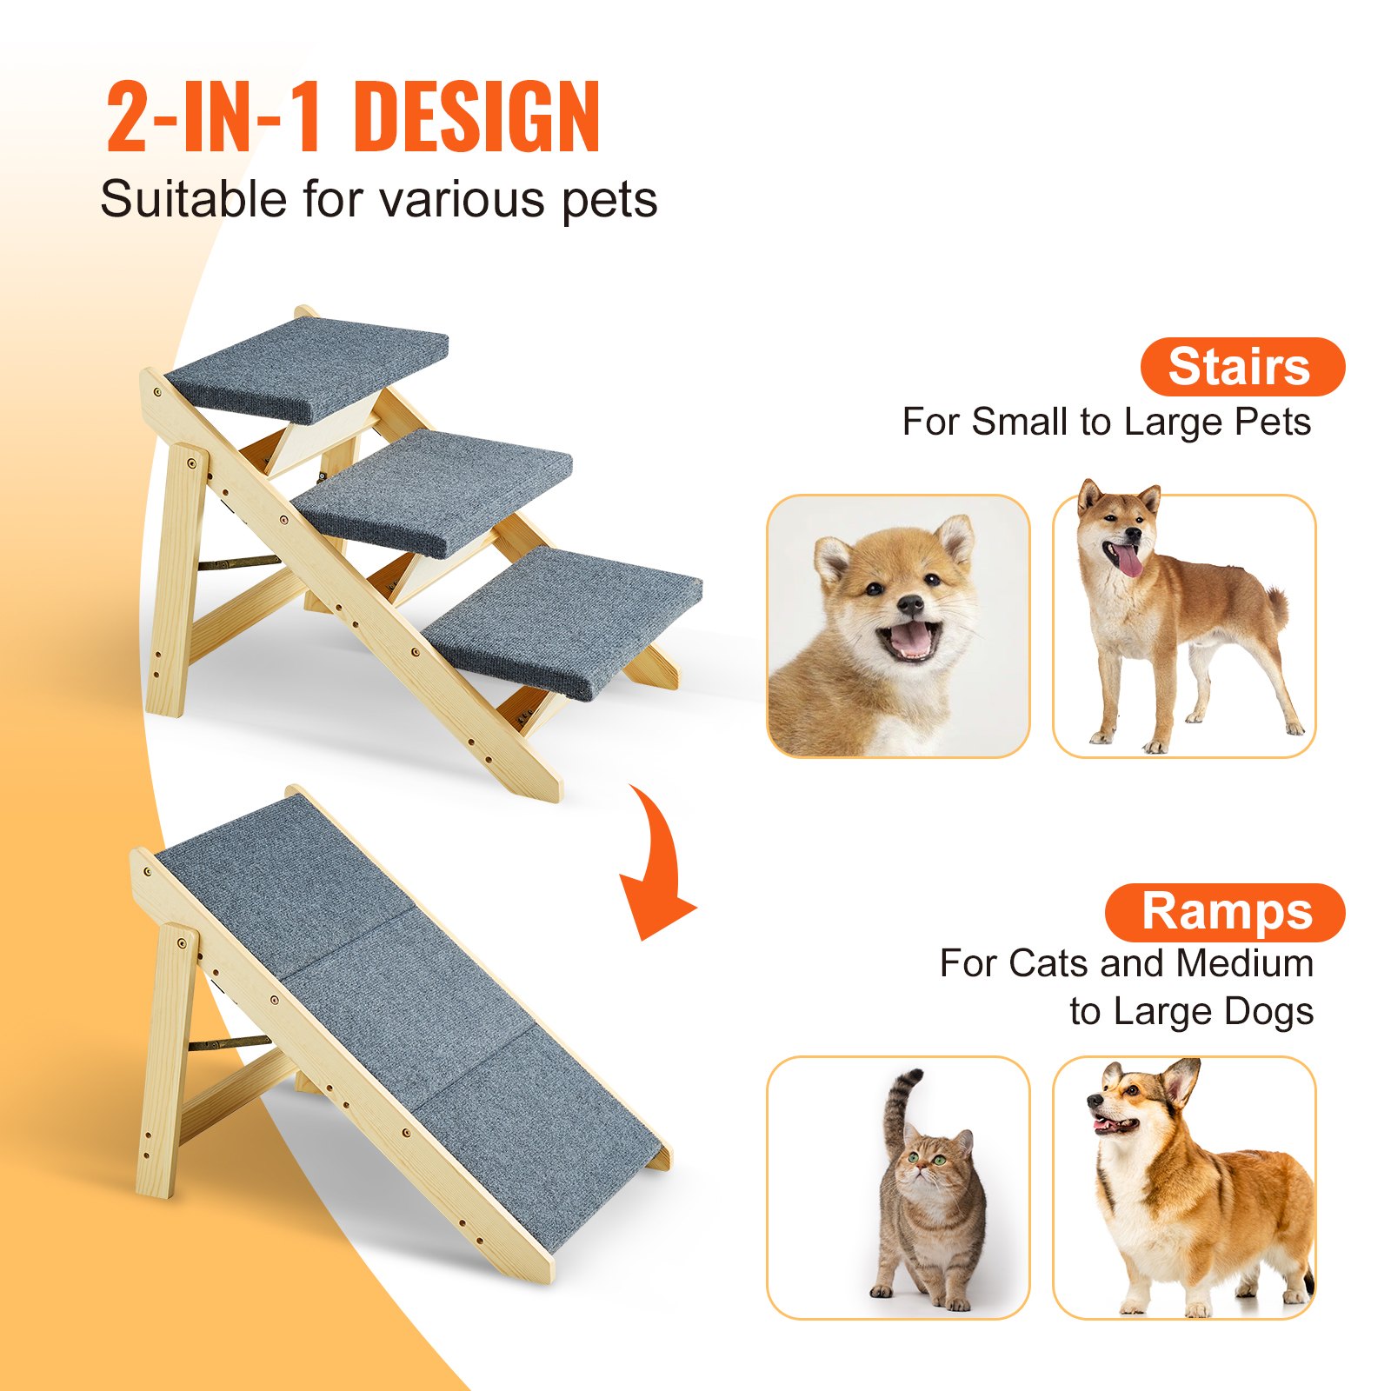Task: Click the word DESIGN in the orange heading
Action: (477, 117)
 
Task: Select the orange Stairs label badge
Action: (1241, 367)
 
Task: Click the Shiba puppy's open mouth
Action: (908, 639)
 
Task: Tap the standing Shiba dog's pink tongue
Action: (1129, 561)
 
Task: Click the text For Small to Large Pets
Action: (1106, 423)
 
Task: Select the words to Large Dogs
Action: (1191, 1012)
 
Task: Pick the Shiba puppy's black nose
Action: (909, 604)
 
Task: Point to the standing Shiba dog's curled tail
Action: (1276, 604)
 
